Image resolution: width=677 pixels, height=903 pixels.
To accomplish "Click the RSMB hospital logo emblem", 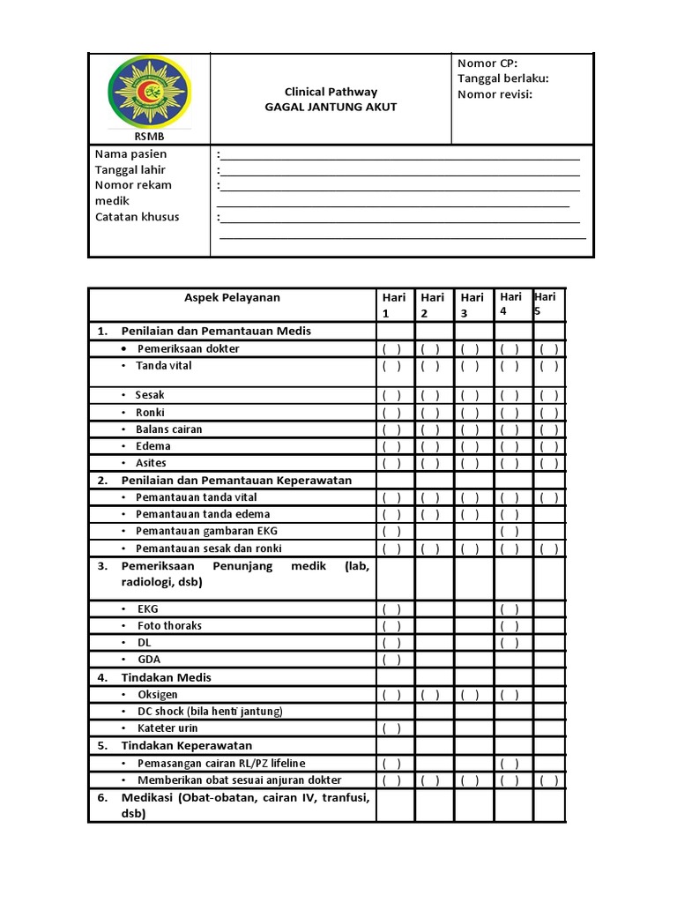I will (148, 93).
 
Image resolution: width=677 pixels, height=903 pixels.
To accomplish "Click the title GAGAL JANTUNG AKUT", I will (331, 107).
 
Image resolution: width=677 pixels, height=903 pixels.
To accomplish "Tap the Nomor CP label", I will (487, 63).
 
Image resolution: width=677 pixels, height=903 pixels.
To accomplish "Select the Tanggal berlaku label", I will (502, 78).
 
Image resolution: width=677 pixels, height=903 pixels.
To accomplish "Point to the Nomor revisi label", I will (495, 94).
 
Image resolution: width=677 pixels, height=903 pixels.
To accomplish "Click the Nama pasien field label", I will (130, 154).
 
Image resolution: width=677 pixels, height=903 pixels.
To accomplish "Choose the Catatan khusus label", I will (137, 217).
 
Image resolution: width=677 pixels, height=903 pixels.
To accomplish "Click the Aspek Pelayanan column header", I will (232, 297).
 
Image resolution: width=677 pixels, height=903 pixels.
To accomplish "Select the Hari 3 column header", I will (472, 305).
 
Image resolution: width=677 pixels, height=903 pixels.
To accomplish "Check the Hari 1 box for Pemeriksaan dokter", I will (391, 348).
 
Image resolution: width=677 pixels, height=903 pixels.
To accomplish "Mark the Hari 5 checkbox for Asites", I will (548, 463).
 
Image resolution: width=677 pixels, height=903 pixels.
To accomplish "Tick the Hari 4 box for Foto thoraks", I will (510, 626).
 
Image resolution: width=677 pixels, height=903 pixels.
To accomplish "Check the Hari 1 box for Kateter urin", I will (391, 728).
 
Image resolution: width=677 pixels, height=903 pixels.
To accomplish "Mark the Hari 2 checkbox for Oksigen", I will (431, 695).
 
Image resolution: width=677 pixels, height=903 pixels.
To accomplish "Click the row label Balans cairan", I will (168, 429).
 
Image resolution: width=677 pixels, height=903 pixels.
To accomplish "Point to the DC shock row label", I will (209, 711).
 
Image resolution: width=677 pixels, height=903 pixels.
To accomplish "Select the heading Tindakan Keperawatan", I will (186, 745).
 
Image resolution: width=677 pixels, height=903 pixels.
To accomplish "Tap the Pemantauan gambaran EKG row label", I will (206, 531).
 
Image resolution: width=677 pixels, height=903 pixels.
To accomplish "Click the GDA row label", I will (149, 660).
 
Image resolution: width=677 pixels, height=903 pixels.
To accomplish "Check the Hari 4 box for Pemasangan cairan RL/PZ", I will (510, 764).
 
